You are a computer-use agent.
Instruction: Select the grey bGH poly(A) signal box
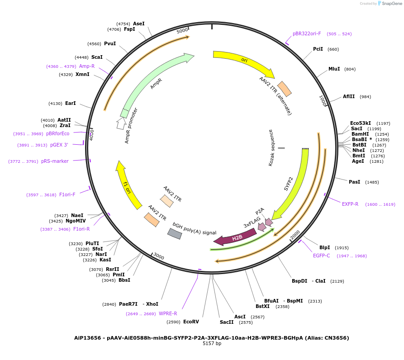click(175, 233)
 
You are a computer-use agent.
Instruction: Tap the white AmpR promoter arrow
click(121, 123)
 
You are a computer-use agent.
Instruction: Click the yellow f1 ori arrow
click(128, 185)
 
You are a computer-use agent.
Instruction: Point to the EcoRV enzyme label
click(191, 322)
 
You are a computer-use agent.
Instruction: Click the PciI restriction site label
click(318, 49)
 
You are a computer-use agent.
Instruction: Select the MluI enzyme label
click(334, 69)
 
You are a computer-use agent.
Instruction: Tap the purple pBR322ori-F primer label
click(307, 33)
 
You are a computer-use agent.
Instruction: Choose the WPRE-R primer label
click(168, 313)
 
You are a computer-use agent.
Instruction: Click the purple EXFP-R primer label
click(350, 204)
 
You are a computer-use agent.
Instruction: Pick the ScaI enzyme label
click(97, 57)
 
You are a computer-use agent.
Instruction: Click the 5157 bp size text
click(212, 344)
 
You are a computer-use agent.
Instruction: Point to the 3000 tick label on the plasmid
click(158, 256)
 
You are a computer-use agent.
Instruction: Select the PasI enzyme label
click(354, 182)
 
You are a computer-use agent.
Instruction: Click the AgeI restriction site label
click(358, 161)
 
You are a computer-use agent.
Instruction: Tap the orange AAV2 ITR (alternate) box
click(285, 89)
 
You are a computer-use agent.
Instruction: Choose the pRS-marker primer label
click(55, 161)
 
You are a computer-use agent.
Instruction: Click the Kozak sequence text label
click(271, 147)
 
